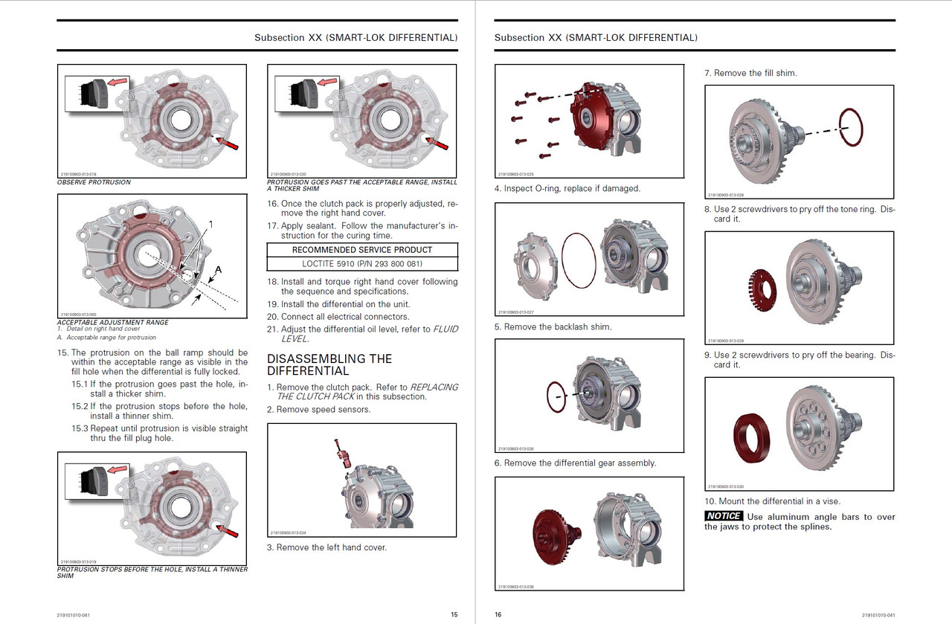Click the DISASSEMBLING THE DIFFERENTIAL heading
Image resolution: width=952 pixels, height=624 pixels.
(x=329, y=364)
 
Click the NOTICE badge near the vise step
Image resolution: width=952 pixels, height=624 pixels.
(x=724, y=516)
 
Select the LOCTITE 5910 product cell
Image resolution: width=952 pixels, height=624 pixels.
(x=362, y=263)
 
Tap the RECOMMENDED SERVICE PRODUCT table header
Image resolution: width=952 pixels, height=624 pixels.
(x=362, y=250)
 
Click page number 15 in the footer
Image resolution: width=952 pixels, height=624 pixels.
(x=454, y=615)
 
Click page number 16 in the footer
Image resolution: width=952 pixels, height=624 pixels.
(x=498, y=615)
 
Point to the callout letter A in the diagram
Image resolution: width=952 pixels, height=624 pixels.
(x=218, y=268)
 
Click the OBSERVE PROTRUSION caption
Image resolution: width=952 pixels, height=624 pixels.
(x=94, y=182)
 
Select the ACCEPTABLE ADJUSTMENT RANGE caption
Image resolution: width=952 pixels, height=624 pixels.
(x=113, y=323)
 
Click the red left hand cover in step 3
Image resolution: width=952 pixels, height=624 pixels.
(x=594, y=115)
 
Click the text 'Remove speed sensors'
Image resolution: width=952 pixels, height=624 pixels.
(x=324, y=410)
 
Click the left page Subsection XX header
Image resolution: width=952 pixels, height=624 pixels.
(x=356, y=37)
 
